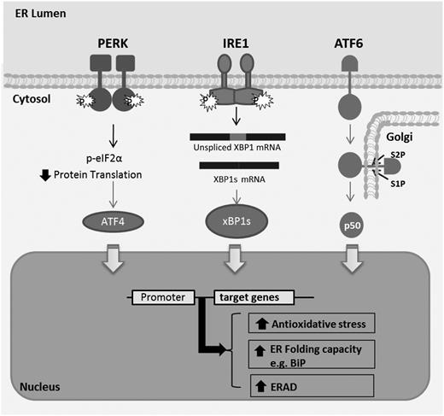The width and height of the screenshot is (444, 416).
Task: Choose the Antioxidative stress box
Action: [x=305, y=323]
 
